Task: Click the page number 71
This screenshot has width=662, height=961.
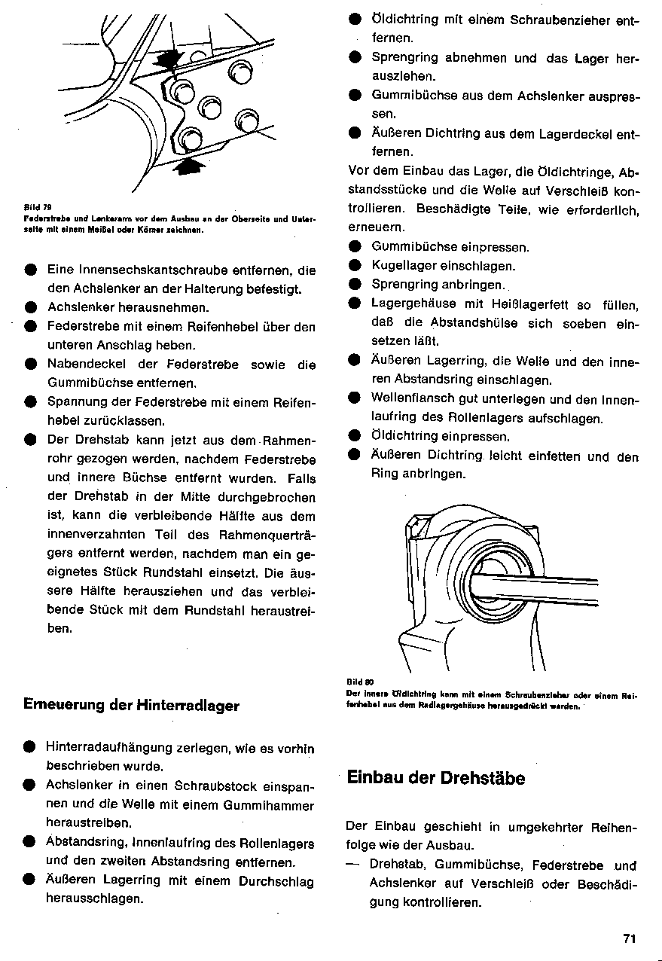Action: pos(630,938)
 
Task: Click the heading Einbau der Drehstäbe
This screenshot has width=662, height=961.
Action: pos(436,778)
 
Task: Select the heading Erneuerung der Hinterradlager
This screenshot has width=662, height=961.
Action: pos(132,706)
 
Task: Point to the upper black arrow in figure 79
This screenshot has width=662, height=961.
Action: pos(169,58)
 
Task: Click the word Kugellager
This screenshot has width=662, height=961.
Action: pos(404,266)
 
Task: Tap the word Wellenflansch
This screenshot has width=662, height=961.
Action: pos(413,399)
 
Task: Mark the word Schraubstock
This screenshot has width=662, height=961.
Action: pos(233,785)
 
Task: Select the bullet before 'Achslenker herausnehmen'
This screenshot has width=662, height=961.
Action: pos(29,307)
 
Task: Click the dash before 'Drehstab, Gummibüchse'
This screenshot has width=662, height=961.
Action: pos(352,864)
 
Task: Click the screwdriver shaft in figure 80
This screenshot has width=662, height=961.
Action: pos(542,587)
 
